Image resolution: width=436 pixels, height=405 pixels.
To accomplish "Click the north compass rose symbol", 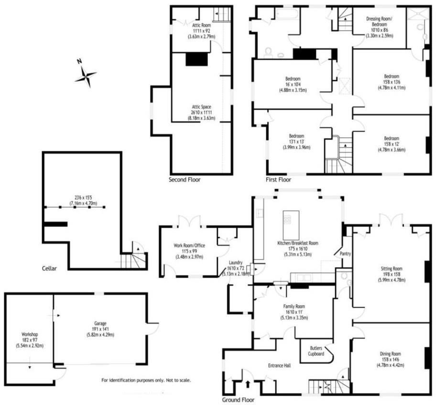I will point(86,75).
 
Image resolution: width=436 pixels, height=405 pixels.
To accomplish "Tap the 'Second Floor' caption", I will point(185,180).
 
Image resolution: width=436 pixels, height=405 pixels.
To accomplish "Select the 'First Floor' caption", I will point(278,180).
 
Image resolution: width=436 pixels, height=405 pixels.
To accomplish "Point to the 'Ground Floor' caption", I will point(239,400).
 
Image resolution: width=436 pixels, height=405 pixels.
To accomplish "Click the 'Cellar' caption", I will point(49,268).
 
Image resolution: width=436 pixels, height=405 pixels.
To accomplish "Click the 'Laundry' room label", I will point(235,262).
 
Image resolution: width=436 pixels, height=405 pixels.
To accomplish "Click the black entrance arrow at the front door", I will point(248,383).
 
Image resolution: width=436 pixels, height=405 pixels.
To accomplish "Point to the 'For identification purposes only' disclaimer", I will point(146,381).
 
